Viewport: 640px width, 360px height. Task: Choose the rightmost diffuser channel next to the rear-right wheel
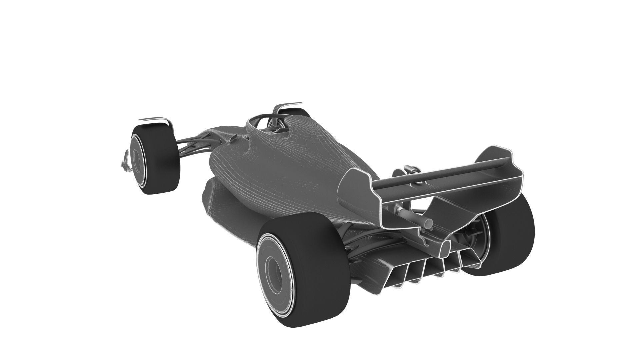[x=472, y=257]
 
